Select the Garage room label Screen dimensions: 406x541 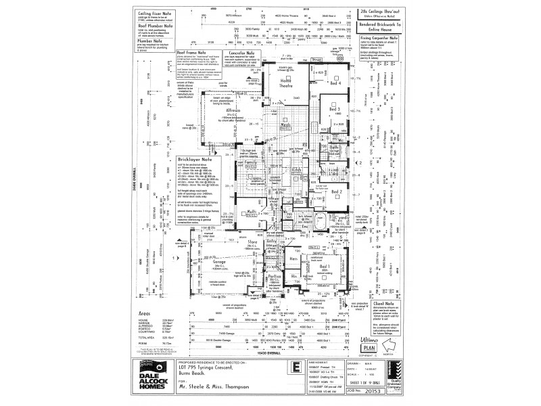coord(201,261)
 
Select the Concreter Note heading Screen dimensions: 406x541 coord(241,51)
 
